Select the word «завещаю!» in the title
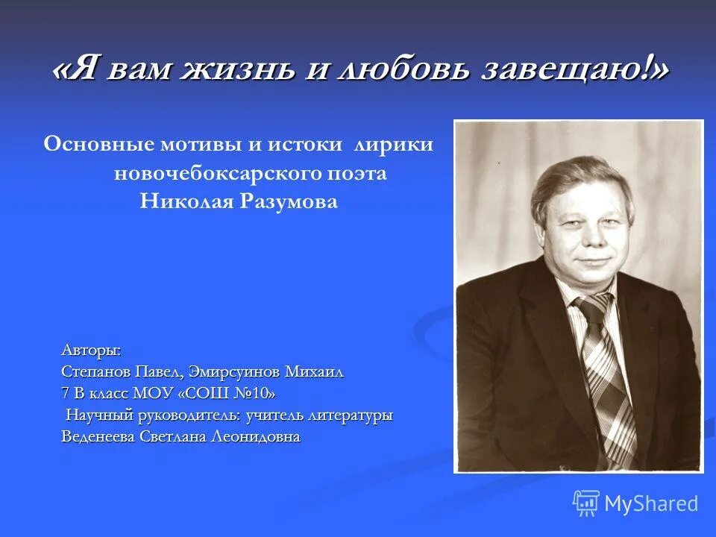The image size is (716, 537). (570, 71)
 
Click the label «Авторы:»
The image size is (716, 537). (90, 350)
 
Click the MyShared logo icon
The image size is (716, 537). (586, 503)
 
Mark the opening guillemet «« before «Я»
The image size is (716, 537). (63, 71)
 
